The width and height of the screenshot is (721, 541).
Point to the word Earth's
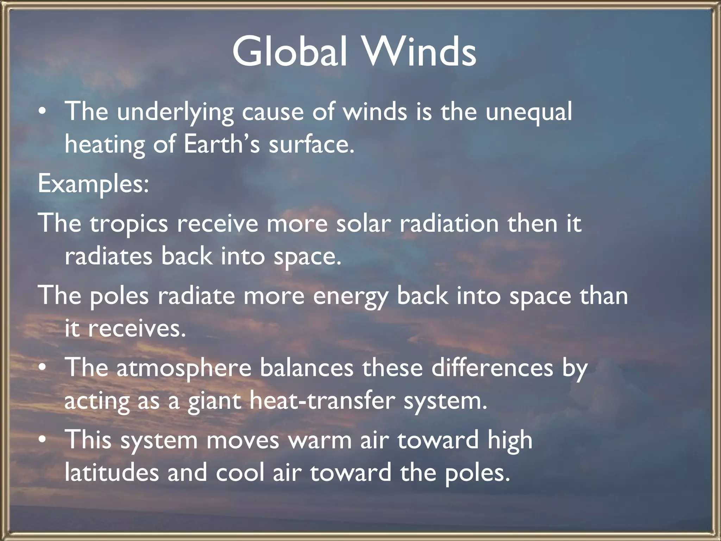click(x=222, y=144)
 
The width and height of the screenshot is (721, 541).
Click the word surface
click(x=311, y=144)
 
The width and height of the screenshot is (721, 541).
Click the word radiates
click(x=109, y=256)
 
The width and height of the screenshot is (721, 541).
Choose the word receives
click(x=137, y=329)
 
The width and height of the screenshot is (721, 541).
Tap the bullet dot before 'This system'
click(x=43, y=441)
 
